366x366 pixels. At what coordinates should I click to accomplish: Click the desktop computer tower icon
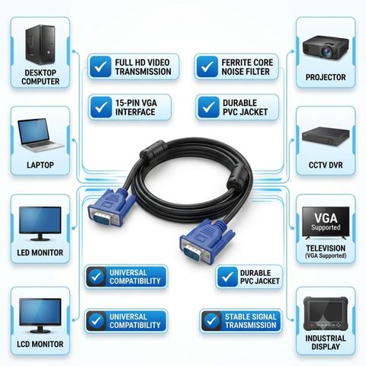coord(40,45)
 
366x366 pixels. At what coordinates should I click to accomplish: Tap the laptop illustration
coord(40,135)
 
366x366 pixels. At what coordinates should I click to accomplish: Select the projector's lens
coord(326,52)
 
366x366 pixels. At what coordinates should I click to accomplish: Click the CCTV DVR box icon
coord(326,136)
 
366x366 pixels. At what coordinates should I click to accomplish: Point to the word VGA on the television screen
coord(326,218)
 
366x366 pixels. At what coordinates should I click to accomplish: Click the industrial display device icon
coord(326,313)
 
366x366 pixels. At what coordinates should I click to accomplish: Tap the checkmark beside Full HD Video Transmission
coord(101,66)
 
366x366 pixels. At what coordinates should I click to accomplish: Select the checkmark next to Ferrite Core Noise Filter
coord(207,66)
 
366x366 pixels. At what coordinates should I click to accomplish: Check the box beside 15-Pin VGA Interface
coord(101,108)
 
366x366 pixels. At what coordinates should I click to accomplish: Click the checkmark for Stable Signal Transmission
coord(211,321)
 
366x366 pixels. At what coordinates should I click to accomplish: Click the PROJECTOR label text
coord(326,77)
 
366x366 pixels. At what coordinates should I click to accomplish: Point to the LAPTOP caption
coord(40,165)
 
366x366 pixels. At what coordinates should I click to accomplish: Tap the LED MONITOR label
coord(40,252)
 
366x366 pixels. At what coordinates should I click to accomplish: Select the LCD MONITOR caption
coord(40,344)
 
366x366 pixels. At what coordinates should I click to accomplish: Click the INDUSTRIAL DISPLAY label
coord(326,342)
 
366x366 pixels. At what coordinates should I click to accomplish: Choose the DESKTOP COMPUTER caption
coord(40,77)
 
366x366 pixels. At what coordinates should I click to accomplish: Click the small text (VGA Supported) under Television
coord(326,255)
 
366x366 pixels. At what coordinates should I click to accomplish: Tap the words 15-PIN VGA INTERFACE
coord(136,108)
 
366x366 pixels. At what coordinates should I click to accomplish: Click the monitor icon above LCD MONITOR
coord(40,316)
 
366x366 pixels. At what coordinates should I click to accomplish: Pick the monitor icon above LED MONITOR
coord(40,223)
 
